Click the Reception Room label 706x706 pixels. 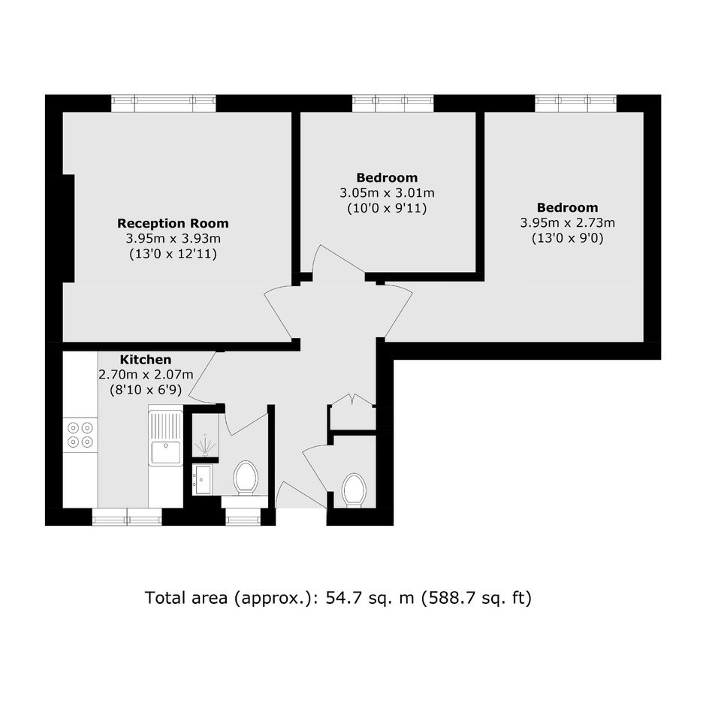point(173,223)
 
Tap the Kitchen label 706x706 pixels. point(146,359)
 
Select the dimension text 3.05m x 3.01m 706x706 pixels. point(388,193)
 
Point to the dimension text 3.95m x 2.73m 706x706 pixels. point(567,223)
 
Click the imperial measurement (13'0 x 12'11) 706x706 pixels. point(173,254)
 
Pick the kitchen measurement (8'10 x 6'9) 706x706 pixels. point(146,390)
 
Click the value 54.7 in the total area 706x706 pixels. point(344,598)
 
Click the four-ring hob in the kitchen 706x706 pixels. point(80,435)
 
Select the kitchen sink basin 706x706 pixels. point(166,452)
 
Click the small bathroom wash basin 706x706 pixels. point(203,480)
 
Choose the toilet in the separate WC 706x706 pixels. point(354,490)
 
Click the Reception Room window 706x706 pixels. point(164,103)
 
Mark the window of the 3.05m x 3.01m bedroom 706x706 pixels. point(393,103)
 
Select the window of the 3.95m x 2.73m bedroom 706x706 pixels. point(576,103)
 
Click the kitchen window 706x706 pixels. point(127,517)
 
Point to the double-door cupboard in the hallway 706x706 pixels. point(352,412)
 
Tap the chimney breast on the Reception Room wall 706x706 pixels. point(68,228)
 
